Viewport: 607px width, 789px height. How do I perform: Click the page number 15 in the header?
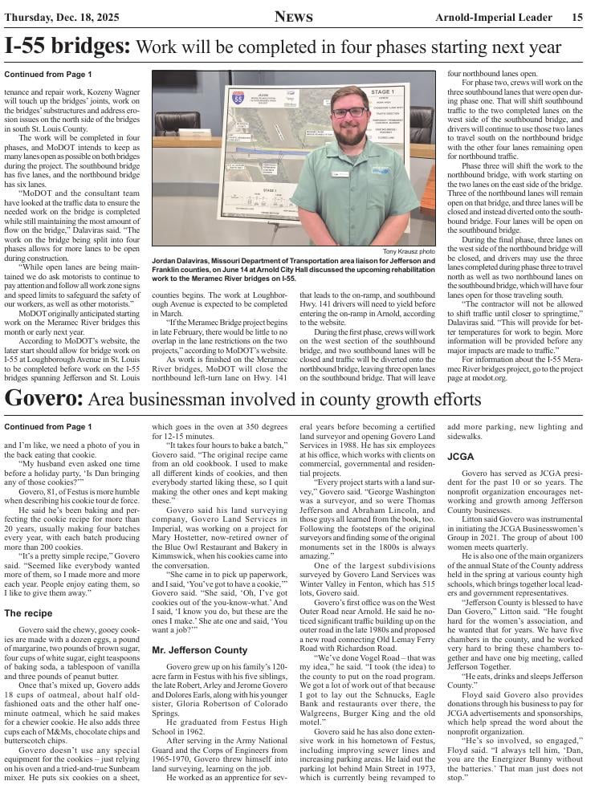(577, 17)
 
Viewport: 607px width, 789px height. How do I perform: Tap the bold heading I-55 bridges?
(67, 47)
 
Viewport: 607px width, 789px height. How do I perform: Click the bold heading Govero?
(43, 399)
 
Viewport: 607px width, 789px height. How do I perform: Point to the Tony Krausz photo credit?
(409, 251)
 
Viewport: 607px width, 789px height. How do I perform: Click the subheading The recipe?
(28, 613)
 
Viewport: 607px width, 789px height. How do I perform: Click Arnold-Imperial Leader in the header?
(498, 17)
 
